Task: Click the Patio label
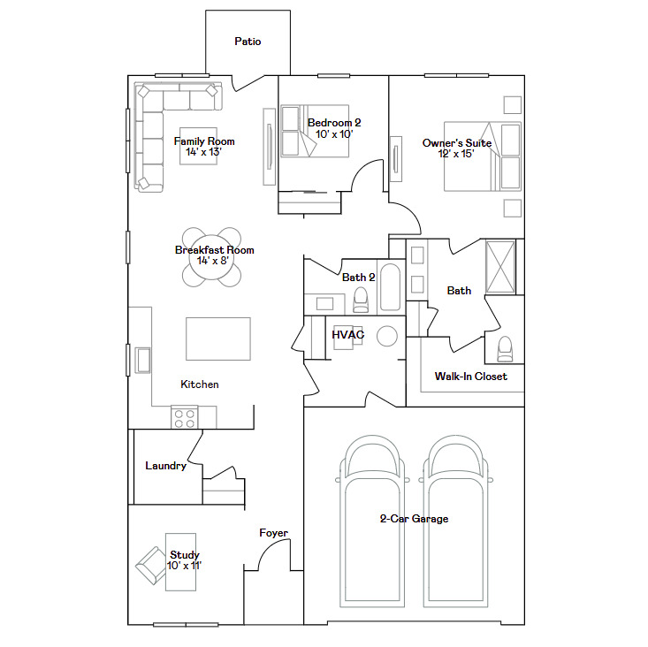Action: [248, 42]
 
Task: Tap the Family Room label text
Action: [204, 141]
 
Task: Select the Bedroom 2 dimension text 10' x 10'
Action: [334, 134]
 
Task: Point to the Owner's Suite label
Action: [456, 142]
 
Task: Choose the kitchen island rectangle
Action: [217, 339]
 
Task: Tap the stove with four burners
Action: [185, 417]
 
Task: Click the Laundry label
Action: [165, 466]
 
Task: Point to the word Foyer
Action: [273, 533]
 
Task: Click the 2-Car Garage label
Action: [414, 519]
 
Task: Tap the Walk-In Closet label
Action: [470, 377]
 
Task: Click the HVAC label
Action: [348, 335]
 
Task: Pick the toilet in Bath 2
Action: [360, 301]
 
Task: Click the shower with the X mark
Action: [500, 264]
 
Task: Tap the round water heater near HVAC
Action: [386, 336]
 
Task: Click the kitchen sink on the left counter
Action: [142, 359]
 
